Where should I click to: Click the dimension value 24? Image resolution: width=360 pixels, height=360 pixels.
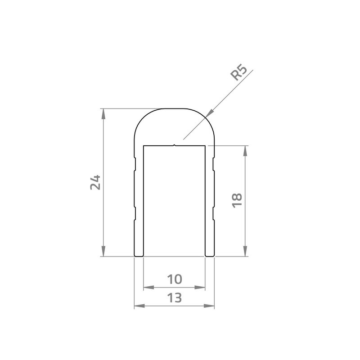coord(95,182)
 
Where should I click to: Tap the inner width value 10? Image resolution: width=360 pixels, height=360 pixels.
coord(174,279)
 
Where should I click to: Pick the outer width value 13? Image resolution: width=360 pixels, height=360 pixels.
coord(174,298)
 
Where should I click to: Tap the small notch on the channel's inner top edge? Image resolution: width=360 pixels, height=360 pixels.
coord(175,145)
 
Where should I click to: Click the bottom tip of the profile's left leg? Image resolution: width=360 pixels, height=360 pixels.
coord(139,256)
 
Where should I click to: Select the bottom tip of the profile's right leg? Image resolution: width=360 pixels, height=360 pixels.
coord(210,256)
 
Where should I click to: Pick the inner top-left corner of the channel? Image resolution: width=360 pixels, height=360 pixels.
coord(144,146)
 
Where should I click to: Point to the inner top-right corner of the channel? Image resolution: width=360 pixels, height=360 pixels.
coord(206,146)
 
